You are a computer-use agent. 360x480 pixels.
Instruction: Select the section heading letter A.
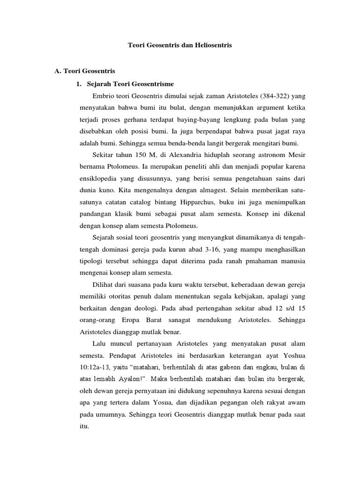point(58,71)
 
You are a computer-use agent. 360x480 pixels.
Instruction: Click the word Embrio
point(103,96)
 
